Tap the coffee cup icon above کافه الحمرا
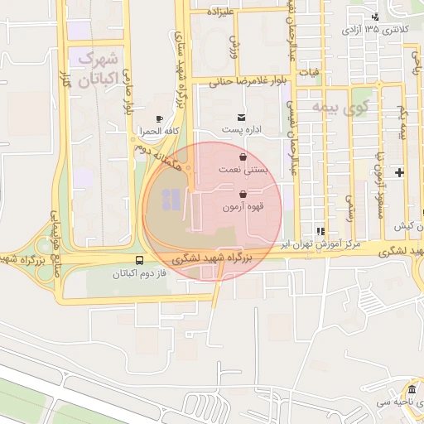[x=159, y=119]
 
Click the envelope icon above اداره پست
[x=241, y=117]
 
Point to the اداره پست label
[x=242, y=130]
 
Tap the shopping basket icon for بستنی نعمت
[x=242, y=156]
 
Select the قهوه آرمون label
[x=243, y=207]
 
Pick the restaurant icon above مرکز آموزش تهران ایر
[x=320, y=231]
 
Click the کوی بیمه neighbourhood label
[x=346, y=108]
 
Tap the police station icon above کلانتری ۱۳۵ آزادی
[x=375, y=17]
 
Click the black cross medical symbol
[x=401, y=173]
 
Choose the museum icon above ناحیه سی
[x=412, y=390]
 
